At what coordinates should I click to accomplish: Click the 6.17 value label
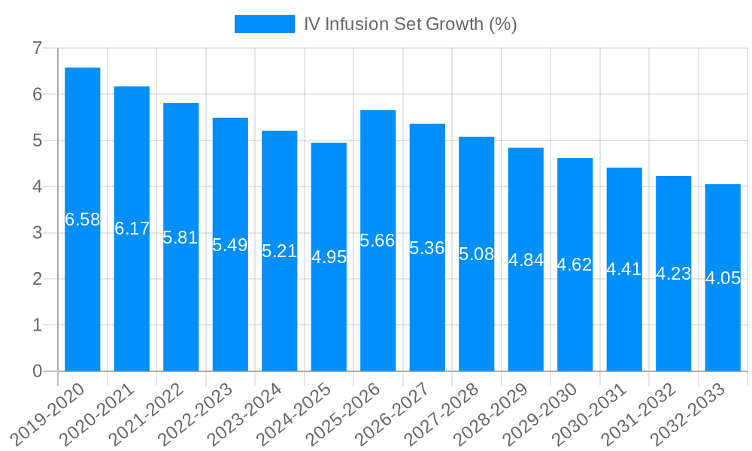coord(132,229)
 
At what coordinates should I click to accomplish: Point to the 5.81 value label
coord(181,238)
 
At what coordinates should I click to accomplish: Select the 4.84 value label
coord(526,260)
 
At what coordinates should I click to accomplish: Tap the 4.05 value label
coord(723,278)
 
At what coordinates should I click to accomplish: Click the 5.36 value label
coord(427,248)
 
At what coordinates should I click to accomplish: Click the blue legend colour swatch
coord(264,24)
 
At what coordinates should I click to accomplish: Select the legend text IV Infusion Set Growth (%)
coord(410,24)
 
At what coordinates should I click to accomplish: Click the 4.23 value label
coord(674,274)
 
